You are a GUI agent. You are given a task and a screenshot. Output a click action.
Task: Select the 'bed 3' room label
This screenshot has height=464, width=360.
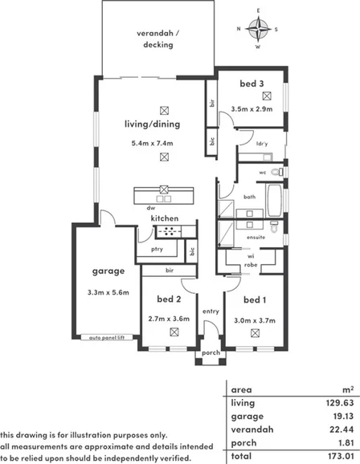click(251, 83)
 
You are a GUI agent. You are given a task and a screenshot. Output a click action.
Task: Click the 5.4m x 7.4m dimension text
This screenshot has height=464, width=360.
click(153, 143)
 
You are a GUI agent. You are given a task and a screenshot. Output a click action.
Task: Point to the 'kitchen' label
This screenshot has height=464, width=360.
click(164, 218)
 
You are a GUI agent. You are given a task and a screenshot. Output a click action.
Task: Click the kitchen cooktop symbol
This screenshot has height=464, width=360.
click(170, 232)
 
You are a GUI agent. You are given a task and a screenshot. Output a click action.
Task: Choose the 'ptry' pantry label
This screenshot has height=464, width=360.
click(157, 250)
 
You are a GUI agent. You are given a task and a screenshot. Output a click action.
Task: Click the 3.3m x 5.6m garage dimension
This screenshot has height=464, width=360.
click(108, 292)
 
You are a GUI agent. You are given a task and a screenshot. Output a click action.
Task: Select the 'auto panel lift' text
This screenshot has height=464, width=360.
click(108, 338)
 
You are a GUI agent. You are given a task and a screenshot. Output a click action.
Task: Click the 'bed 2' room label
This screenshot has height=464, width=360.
click(169, 299)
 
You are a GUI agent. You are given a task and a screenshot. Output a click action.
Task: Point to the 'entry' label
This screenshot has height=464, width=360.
click(211, 311)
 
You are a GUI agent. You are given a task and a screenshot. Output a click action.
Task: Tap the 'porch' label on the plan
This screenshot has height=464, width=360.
click(211, 352)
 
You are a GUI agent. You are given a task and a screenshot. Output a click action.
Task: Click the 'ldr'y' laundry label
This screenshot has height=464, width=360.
click(261, 144)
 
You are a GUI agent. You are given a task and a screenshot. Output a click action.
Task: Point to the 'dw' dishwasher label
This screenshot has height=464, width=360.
click(149, 208)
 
